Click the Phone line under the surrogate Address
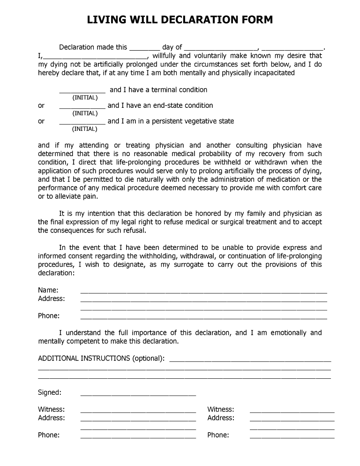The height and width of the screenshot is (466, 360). point(203,318)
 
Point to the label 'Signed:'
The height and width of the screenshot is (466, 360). point(50,392)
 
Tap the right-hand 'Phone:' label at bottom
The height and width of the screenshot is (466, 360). point(218,435)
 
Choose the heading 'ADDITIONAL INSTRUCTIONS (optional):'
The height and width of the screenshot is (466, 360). point(101,358)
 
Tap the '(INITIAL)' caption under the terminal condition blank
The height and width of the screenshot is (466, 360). point(85,98)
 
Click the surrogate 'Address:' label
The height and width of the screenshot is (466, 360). point(52,299)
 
